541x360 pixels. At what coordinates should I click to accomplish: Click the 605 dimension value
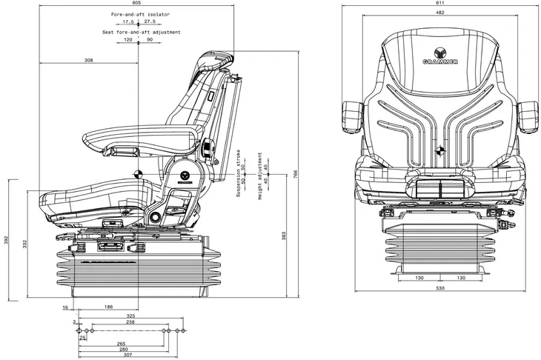[x=136, y=3]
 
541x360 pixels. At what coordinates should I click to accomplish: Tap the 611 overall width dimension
[x=440, y=3]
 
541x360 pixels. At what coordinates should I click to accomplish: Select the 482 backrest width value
[x=440, y=13]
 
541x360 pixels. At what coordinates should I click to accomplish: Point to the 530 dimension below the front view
[x=440, y=288]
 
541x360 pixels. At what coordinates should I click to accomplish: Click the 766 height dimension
[x=296, y=174]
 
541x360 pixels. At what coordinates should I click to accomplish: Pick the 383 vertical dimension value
[x=284, y=236]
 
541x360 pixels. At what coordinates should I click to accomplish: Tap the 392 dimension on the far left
[x=6, y=240]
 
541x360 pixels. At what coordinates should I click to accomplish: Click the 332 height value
[x=25, y=244]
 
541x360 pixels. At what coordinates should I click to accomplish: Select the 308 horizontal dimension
[x=89, y=60]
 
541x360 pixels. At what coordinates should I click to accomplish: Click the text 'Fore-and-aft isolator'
[x=140, y=15]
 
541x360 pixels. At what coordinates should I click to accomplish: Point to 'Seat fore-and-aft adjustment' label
[x=142, y=32]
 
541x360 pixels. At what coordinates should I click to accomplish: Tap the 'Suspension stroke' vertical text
[x=238, y=173]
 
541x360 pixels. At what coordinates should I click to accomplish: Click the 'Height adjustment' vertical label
[x=260, y=176]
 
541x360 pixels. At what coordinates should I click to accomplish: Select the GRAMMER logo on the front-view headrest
[x=440, y=56]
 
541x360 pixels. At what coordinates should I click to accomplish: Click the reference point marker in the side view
[x=139, y=175]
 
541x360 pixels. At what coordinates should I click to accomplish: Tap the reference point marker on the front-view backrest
[x=440, y=150]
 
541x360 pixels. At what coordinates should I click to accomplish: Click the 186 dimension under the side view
[x=108, y=307]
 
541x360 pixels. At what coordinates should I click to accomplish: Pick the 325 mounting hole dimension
[x=130, y=316]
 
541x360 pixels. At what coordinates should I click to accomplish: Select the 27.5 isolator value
[x=150, y=21]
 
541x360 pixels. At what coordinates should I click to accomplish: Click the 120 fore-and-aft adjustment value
[x=127, y=40]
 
